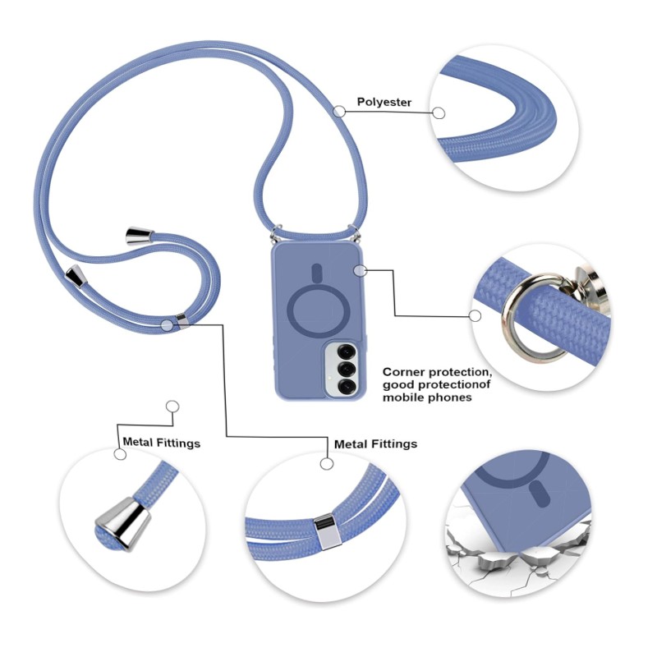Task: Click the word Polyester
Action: [384, 103]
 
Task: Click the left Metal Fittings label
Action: [161, 443]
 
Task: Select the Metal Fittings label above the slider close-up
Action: [375, 443]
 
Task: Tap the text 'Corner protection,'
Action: [448, 371]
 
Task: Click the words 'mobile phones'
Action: [427, 397]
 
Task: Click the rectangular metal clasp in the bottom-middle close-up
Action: [327, 531]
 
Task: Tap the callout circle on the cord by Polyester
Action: [339, 111]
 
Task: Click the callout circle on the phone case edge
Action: [359, 269]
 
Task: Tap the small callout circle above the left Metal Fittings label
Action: [172, 406]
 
